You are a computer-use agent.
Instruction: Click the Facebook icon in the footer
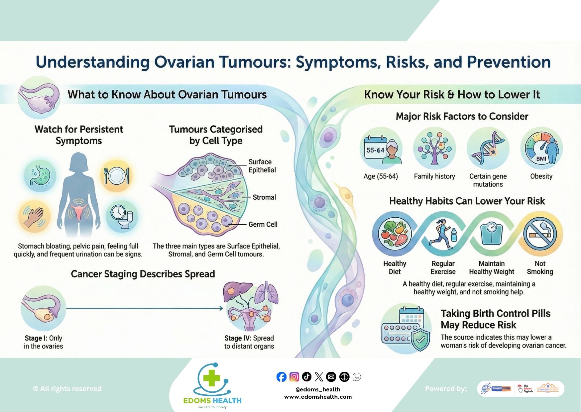point(281,377)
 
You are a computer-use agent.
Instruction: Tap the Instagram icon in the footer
point(294,377)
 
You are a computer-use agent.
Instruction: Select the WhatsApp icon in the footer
point(357,377)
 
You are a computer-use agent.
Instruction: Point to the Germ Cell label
point(263,225)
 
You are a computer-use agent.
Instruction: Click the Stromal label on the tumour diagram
point(264,197)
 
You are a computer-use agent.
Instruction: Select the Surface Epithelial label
point(262,166)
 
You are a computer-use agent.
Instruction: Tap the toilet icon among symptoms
point(122,216)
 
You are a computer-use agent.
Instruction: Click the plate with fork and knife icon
point(116,175)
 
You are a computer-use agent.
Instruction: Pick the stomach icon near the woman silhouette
point(40,176)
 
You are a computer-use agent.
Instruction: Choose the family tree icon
point(434,149)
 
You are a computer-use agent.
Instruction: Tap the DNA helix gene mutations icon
point(488,149)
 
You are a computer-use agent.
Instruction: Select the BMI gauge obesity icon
point(541,149)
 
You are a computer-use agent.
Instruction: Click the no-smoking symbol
point(540,234)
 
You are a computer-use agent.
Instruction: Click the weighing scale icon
point(491,234)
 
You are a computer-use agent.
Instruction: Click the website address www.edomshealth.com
point(318,397)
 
